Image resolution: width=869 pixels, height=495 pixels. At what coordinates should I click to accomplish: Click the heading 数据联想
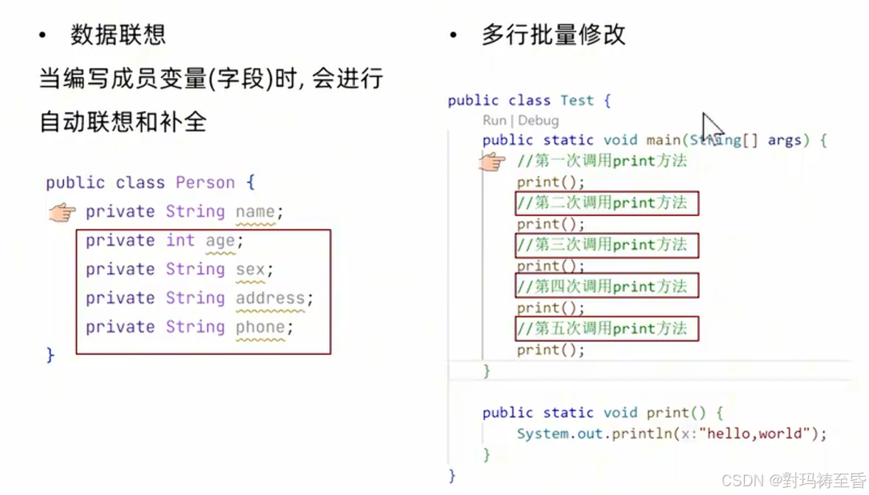point(118,35)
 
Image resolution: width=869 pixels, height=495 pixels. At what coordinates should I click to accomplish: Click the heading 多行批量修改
point(553,35)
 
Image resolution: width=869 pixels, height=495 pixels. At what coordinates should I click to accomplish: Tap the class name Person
point(205,182)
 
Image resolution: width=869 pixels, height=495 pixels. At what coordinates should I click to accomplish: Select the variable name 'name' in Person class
point(255,212)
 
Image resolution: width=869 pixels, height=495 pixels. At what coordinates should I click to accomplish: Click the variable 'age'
point(220,240)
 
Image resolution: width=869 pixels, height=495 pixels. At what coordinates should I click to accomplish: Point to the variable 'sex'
point(250,269)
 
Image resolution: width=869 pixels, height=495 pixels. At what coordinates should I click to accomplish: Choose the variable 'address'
point(270,298)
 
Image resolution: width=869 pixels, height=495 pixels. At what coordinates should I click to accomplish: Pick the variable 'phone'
point(260,327)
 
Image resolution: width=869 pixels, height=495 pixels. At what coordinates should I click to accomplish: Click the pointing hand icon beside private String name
point(62,213)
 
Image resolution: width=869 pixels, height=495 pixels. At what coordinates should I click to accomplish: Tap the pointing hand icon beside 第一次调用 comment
point(493,161)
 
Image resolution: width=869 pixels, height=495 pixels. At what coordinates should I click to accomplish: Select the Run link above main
point(494,120)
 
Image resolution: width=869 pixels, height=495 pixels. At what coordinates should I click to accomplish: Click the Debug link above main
point(538,120)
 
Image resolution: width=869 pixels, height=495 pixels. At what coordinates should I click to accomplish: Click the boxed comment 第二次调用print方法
point(606,203)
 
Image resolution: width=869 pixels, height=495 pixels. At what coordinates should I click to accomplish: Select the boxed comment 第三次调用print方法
point(606,245)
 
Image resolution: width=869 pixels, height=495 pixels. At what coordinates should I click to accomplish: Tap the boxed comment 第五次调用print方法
point(606,328)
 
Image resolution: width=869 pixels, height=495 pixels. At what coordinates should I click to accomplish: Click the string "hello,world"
point(754,433)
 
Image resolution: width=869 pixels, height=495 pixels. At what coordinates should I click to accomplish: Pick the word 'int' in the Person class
point(180,240)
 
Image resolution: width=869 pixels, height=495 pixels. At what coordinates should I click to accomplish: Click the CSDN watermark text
point(793,480)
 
